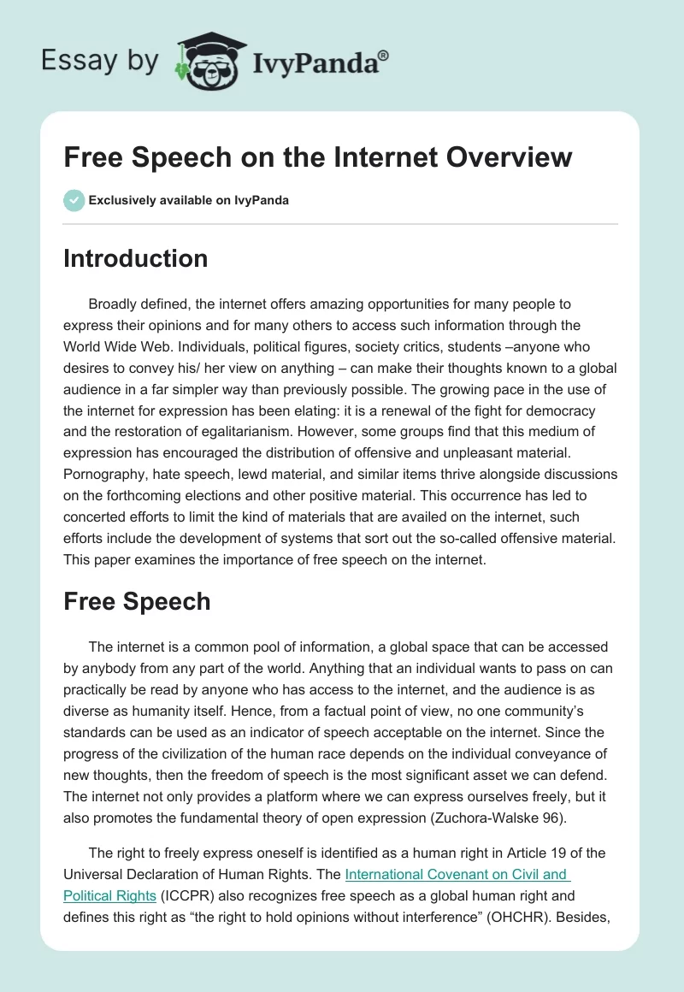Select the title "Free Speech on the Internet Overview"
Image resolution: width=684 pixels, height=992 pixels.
tap(317, 157)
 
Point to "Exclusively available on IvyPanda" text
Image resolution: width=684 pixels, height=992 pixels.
tap(188, 201)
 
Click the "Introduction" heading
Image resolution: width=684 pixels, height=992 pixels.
tap(135, 258)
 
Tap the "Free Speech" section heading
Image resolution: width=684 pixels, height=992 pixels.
tap(137, 601)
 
